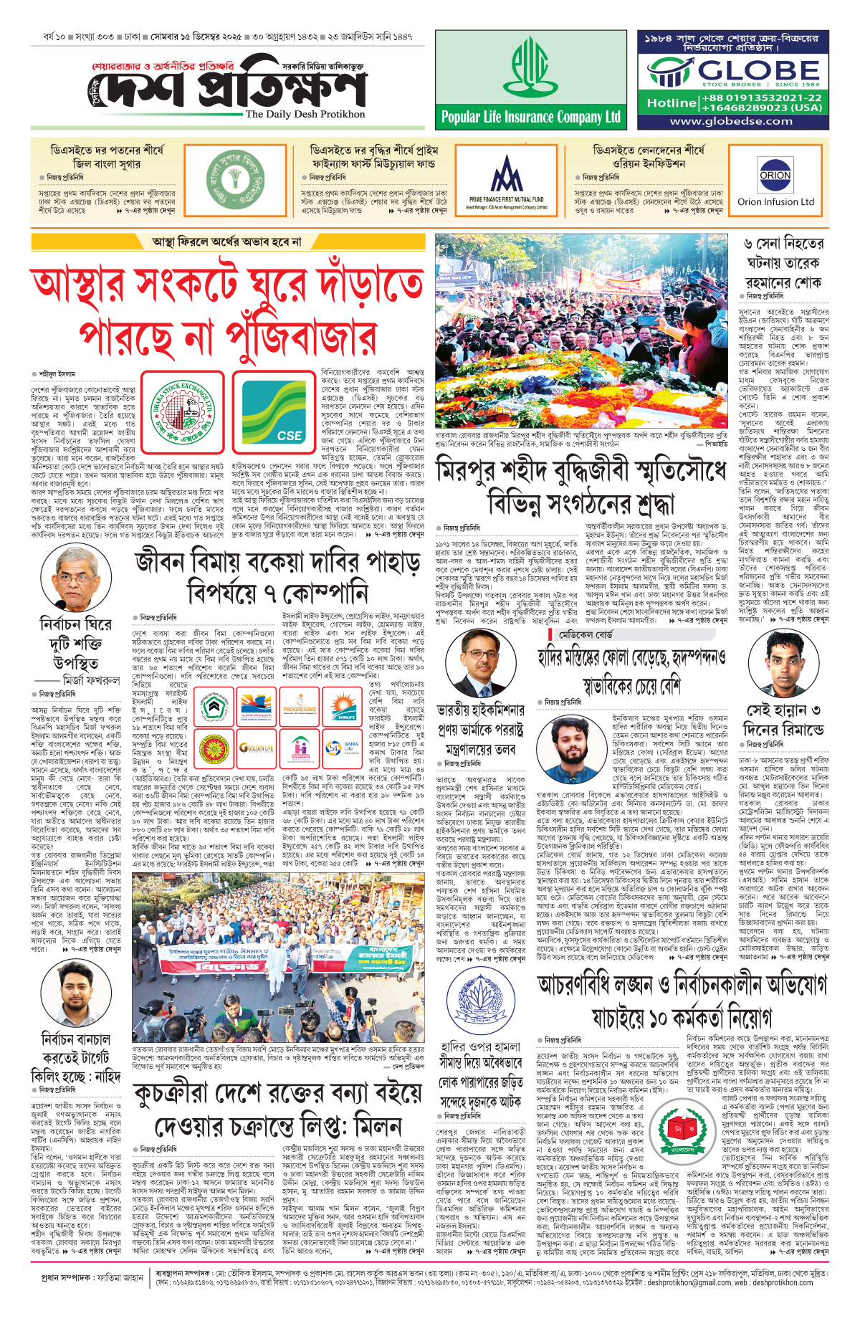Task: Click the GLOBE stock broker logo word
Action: [x=759, y=70]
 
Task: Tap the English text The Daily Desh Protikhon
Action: [x=305, y=114]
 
